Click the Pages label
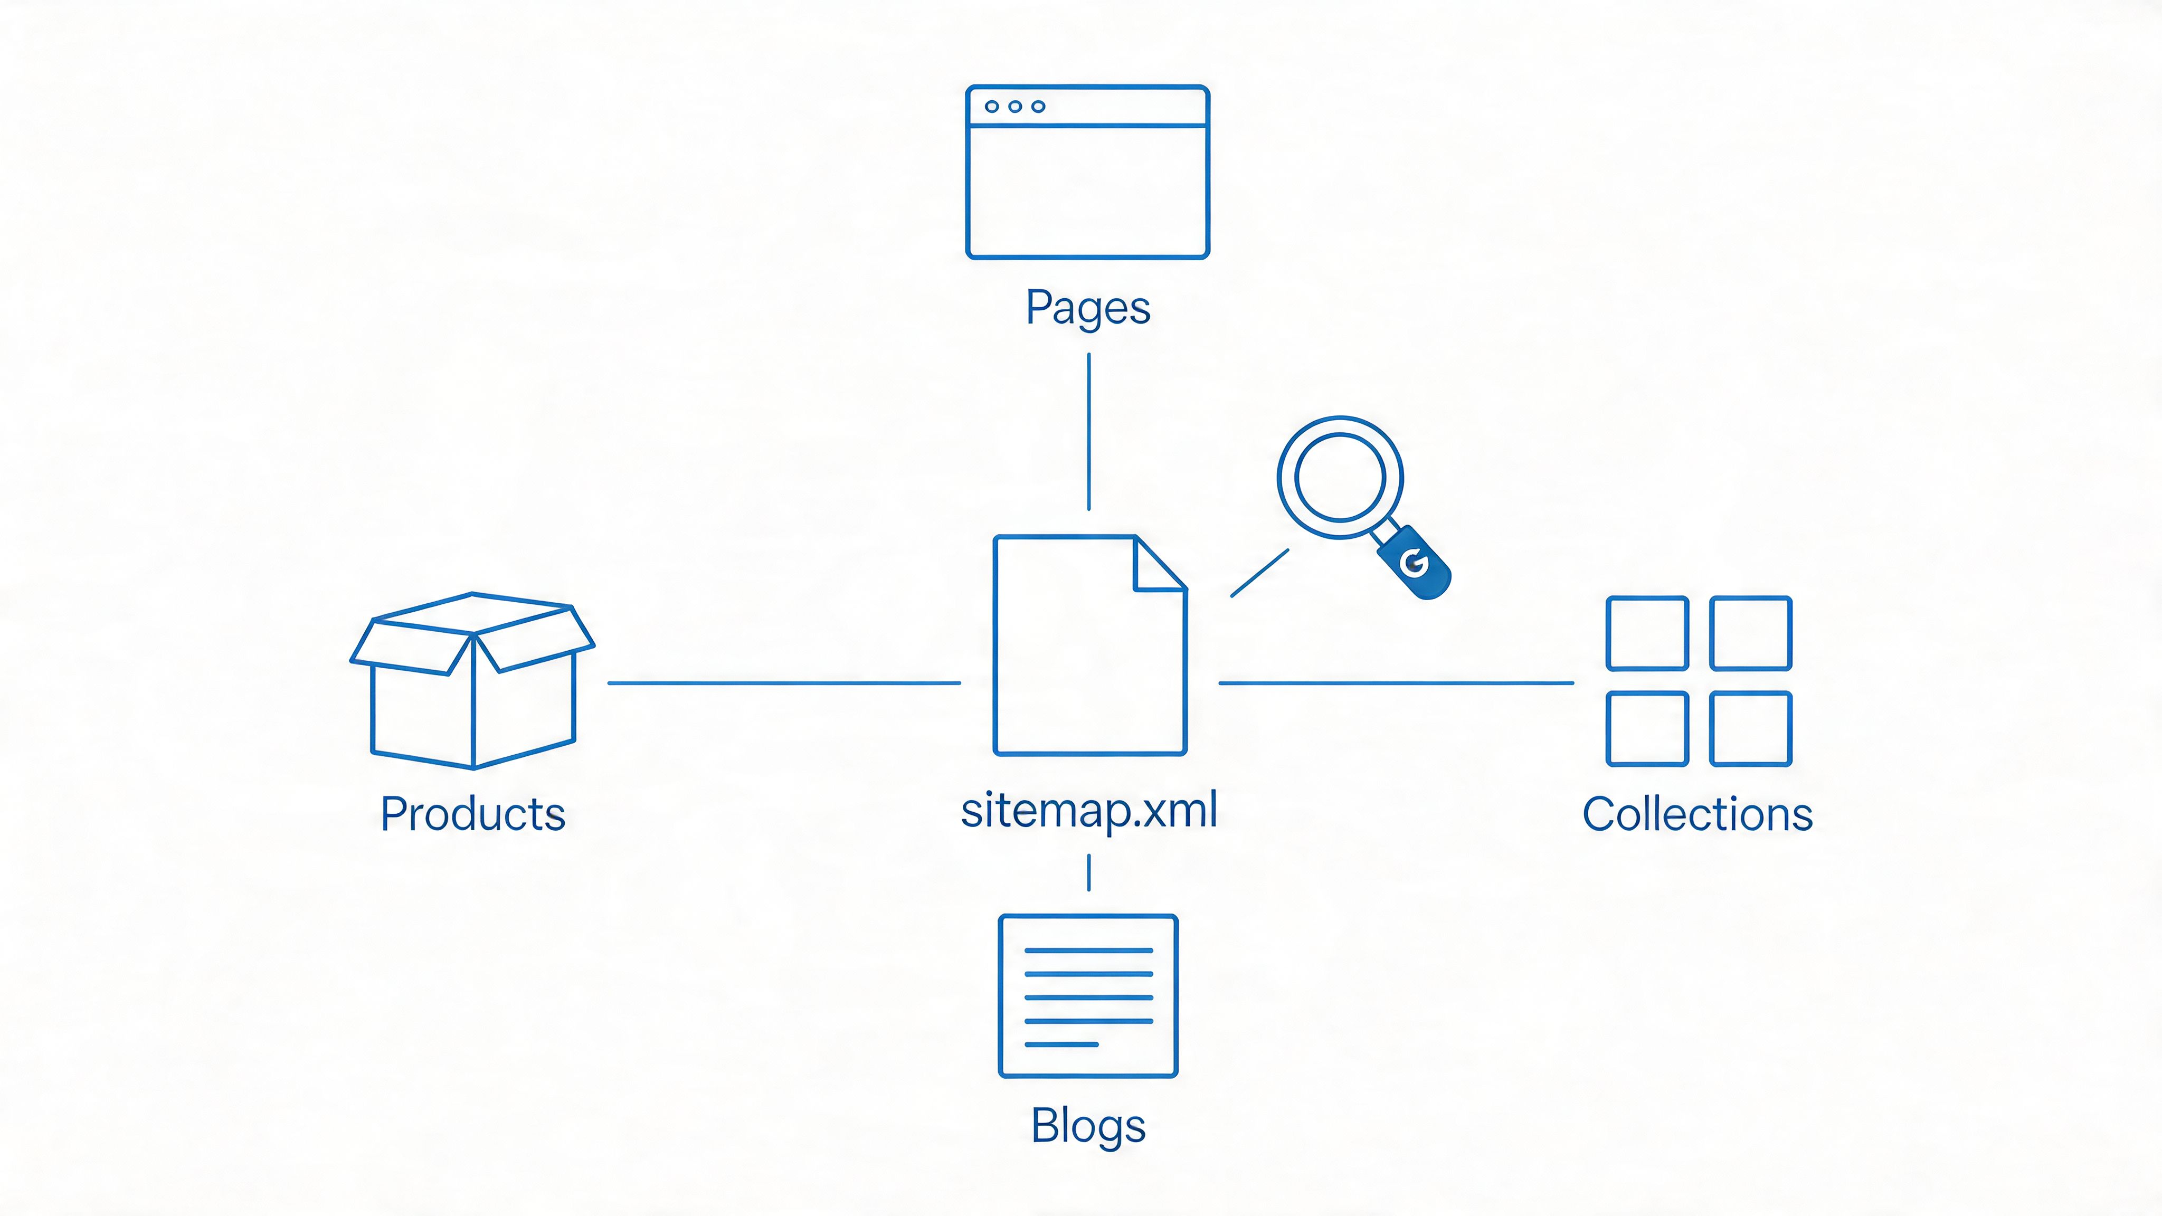coord(1088,308)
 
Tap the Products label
coord(472,814)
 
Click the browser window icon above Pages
coord(1088,172)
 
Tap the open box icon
coord(472,681)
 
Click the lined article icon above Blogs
coord(1088,996)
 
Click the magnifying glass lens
coord(1340,477)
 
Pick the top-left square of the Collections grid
coord(1647,633)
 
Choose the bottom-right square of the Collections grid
coord(1751,728)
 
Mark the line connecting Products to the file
coord(784,683)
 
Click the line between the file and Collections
coord(1395,683)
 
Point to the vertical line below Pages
coord(1088,431)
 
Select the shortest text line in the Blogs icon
coord(1061,1044)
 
